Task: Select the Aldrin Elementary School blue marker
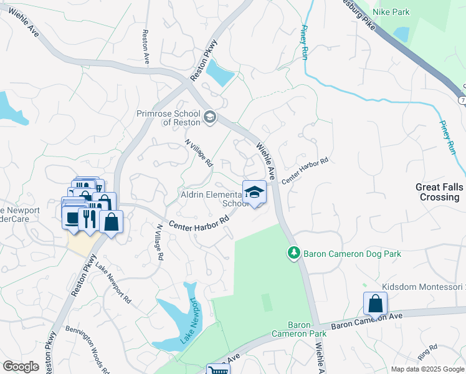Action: point(254,193)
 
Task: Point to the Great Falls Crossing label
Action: point(438,192)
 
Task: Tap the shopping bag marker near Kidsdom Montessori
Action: point(376,304)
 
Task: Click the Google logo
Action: point(21,366)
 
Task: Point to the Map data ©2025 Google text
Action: point(427,369)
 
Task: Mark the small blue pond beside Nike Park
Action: point(402,34)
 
